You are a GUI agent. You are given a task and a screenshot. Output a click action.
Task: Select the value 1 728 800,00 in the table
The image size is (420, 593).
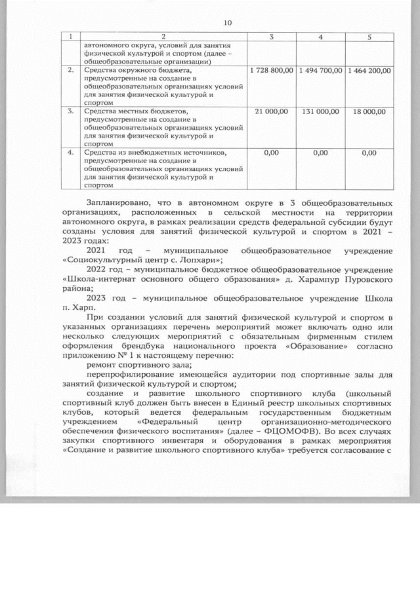[x=272, y=69]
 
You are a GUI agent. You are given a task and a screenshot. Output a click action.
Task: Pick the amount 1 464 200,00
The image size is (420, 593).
[x=369, y=69]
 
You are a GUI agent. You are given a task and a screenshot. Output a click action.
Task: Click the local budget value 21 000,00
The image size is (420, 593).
[x=272, y=112]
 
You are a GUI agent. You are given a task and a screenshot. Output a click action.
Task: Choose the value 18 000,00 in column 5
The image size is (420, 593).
[x=369, y=112]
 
